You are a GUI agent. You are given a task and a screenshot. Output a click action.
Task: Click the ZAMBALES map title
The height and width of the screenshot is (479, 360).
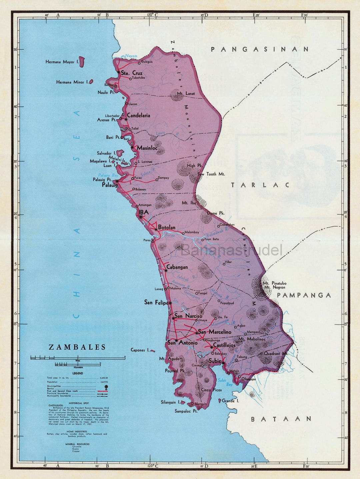(x=77, y=347)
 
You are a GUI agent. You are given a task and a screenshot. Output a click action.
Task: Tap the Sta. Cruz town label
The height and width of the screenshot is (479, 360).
(x=132, y=73)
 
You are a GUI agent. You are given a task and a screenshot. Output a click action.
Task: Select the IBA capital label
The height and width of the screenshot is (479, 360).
(x=144, y=212)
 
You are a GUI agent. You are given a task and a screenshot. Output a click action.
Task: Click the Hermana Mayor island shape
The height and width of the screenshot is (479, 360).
(x=82, y=62)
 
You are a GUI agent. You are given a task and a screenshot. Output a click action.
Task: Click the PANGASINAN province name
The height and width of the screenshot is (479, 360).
(x=260, y=49)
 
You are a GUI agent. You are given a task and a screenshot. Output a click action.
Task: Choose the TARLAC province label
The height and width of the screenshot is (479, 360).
(x=260, y=185)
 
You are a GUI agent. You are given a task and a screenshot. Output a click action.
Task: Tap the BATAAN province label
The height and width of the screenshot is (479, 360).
(x=281, y=419)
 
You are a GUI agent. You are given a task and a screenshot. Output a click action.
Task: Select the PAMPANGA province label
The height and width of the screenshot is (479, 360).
(x=304, y=295)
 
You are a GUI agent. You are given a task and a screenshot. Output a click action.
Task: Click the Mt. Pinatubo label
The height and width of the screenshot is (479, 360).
(x=274, y=283)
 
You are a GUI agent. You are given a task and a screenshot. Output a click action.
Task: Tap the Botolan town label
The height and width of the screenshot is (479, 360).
(x=167, y=227)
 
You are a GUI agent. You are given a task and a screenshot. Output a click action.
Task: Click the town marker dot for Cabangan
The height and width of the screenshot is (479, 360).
(x=166, y=270)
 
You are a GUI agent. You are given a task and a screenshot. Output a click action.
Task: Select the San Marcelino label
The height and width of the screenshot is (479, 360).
(x=215, y=332)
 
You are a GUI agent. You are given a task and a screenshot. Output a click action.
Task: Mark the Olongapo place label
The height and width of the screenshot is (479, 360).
(x=249, y=379)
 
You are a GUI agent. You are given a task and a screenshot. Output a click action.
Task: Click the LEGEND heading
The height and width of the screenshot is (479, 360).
(x=78, y=373)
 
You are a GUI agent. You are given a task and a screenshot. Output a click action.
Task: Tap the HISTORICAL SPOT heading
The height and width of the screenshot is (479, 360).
(x=78, y=403)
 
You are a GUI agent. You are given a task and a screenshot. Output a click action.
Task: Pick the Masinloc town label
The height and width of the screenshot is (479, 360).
(x=147, y=148)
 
